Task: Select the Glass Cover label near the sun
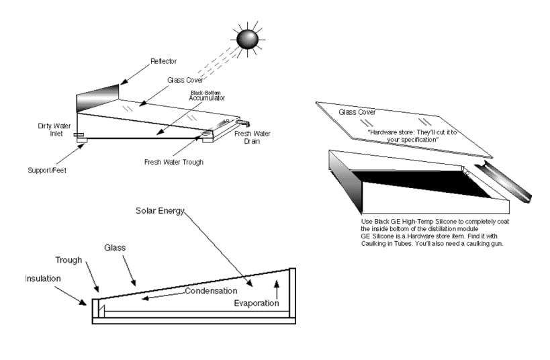click(x=186, y=80)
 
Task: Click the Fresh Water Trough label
click(x=173, y=162)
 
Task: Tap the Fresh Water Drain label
click(x=252, y=138)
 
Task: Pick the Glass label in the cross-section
click(x=114, y=248)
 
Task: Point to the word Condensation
click(x=211, y=291)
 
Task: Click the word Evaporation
click(x=256, y=303)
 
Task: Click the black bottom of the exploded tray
click(x=417, y=182)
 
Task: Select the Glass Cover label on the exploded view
click(x=357, y=112)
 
